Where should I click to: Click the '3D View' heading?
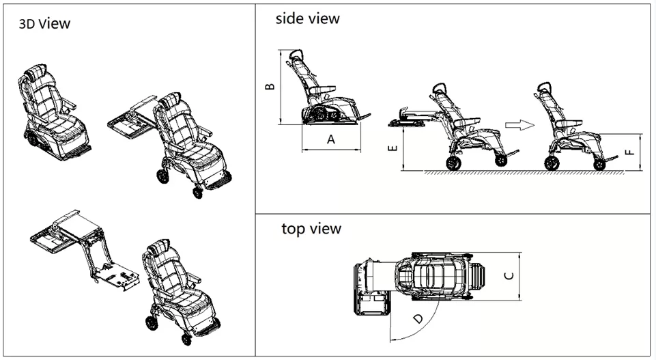[44, 25]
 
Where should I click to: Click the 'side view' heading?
[307, 18]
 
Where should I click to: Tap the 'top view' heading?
[311, 228]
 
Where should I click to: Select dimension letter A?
[331, 139]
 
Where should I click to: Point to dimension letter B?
[270, 87]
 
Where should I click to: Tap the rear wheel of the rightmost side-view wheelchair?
[552, 163]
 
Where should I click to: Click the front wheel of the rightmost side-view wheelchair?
[599, 164]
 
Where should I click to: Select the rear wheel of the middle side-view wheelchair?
[453, 163]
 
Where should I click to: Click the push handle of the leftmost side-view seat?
[296, 55]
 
